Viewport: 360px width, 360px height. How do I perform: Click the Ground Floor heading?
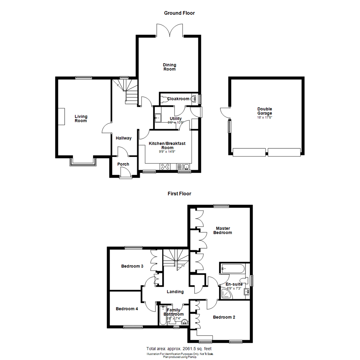click(x=179, y=13)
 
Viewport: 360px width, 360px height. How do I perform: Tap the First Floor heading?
click(x=179, y=193)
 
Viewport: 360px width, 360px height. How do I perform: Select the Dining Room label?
click(x=169, y=67)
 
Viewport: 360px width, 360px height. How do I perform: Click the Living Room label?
click(x=81, y=118)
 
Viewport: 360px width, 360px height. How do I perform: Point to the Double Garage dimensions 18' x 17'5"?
click(x=265, y=117)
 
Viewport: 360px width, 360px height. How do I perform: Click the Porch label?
click(x=123, y=164)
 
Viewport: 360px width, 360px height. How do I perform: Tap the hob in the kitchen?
click(x=165, y=167)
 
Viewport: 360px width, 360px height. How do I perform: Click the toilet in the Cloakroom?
click(x=163, y=99)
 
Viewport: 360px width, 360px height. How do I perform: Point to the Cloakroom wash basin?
click(x=194, y=99)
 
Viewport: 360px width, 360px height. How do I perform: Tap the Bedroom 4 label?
click(x=127, y=309)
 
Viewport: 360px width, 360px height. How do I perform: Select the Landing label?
click(x=175, y=292)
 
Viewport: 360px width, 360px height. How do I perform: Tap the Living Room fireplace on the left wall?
click(x=61, y=117)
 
